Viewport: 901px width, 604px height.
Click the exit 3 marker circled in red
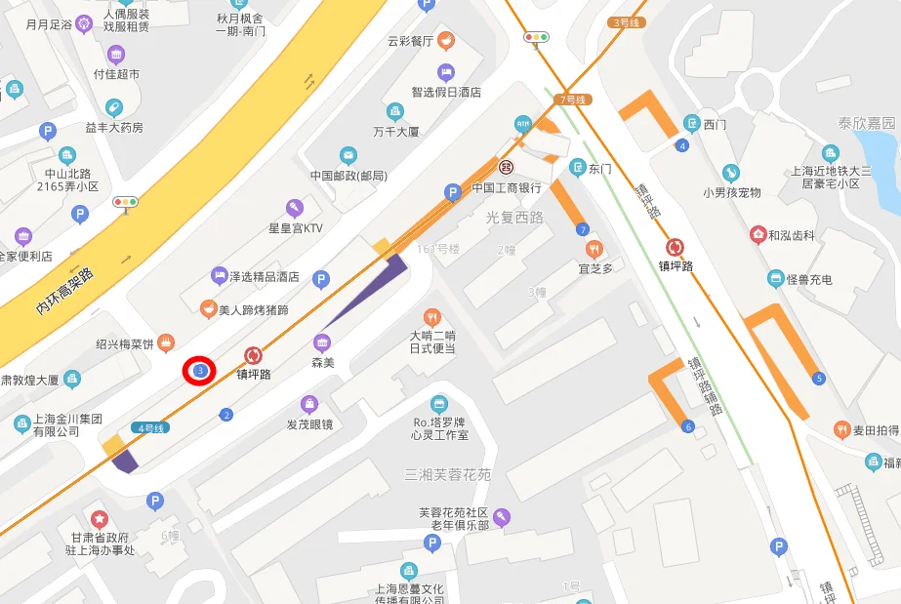[x=200, y=371]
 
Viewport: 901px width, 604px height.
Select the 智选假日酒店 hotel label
[x=446, y=92]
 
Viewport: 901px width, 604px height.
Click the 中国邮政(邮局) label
[x=348, y=176]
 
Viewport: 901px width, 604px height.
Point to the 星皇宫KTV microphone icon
[x=294, y=208]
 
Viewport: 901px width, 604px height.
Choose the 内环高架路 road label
[x=64, y=290]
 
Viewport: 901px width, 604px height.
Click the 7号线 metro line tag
[x=573, y=100]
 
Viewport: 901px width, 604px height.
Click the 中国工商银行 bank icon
[x=507, y=168]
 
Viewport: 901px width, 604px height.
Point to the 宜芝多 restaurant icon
[x=594, y=249]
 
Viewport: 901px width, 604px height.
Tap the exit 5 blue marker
[x=818, y=378]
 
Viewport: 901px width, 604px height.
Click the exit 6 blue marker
[x=688, y=426]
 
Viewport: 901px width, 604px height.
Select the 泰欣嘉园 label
[x=866, y=123]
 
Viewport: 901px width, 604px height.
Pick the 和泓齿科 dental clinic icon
[x=758, y=235]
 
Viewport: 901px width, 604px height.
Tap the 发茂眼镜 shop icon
[x=309, y=404]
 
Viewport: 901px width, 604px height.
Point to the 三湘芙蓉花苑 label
[x=447, y=475]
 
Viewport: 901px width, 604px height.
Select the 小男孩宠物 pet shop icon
[x=731, y=174]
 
